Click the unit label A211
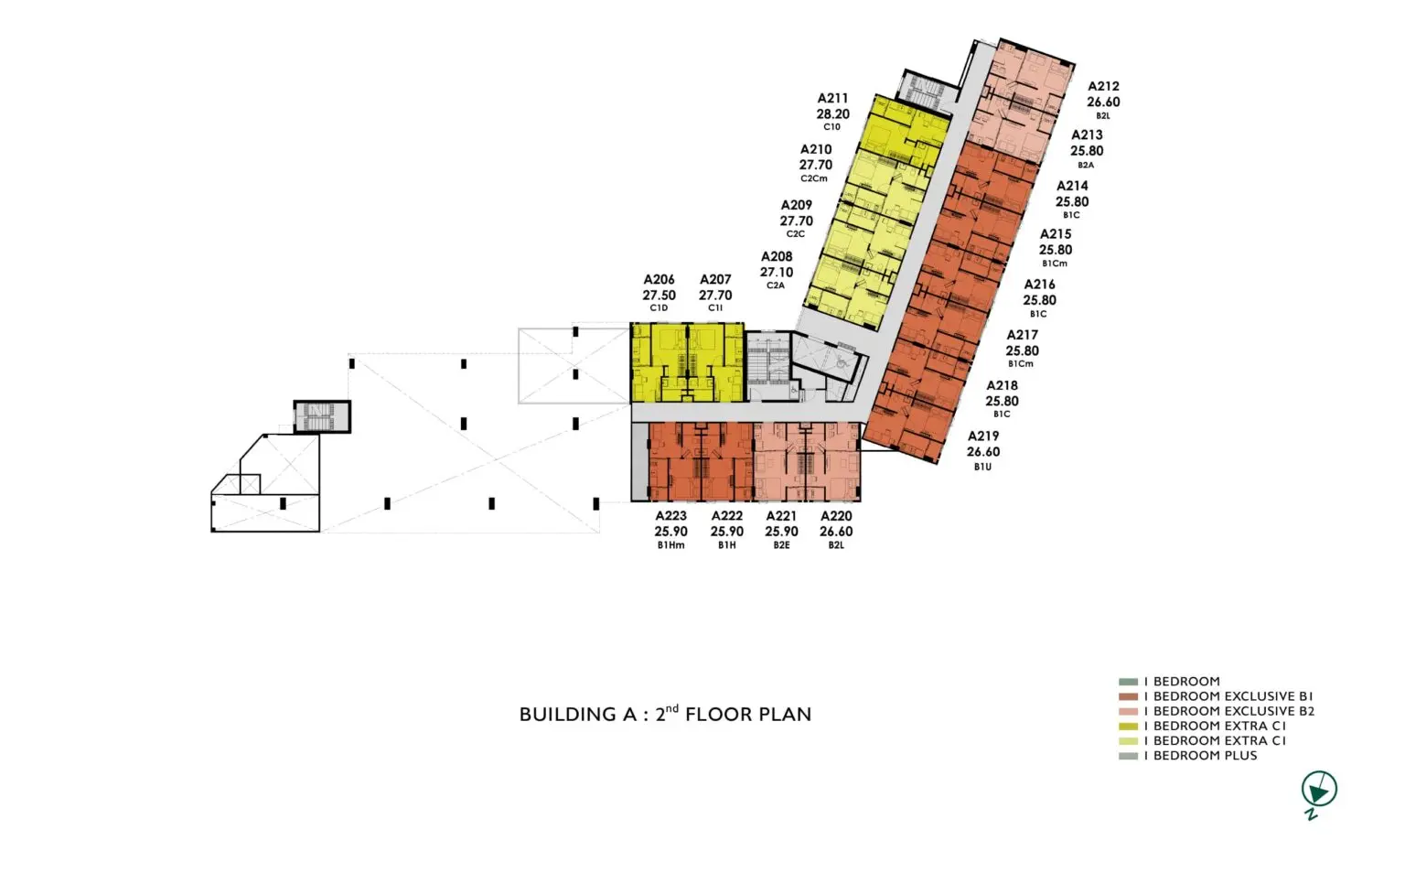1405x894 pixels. pos(832,99)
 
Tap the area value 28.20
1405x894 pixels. pos(832,114)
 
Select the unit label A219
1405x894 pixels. pos(983,436)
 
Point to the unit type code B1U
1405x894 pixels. pos(983,467)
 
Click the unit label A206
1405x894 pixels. pos(659,280)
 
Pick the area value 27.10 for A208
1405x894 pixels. pos(777,273)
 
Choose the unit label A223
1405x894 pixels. pos(671,516)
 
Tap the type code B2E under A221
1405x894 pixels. pos(781,545)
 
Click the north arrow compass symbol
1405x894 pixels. pos(1318,791)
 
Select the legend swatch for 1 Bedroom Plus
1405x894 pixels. pos(1128,756)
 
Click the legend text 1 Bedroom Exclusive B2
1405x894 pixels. pos(1228,711)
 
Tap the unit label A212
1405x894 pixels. pos(1103,87)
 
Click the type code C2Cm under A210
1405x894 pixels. pos(814,178)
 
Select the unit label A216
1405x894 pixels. pos(1039,285)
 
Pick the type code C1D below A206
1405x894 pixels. pos(659,308)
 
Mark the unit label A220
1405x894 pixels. pos(836,516)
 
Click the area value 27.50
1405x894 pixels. pos(659,296)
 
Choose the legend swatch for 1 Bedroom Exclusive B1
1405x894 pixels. pos(1128,696)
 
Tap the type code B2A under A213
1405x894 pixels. pos(1086,166)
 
